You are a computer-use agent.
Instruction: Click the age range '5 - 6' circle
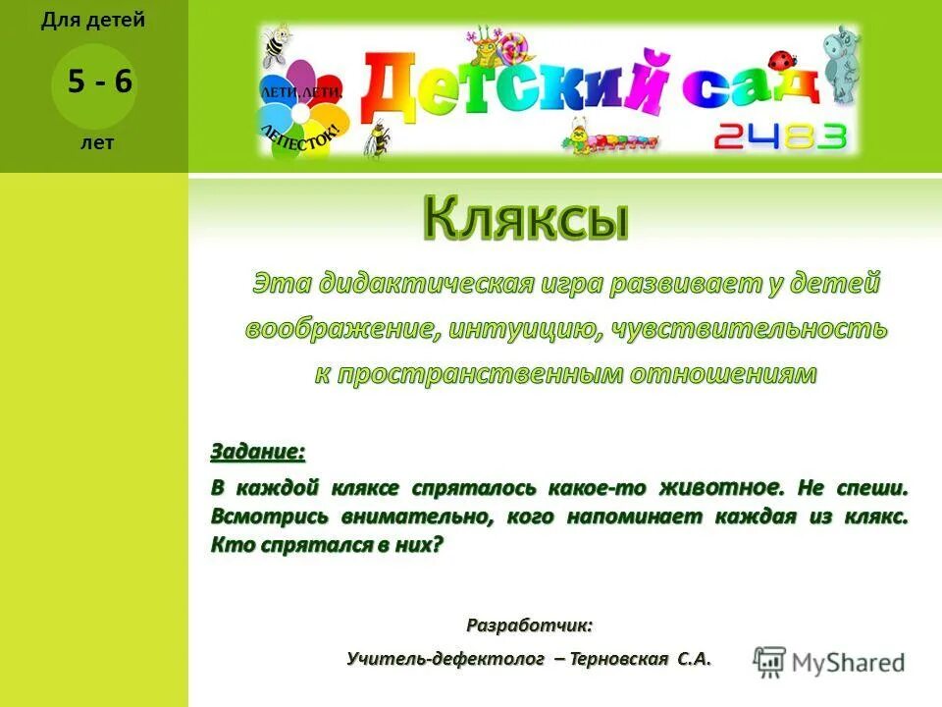(93, 82)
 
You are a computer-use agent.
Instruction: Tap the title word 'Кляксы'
(526, 218)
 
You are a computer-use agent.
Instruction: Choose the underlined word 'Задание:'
(258, 453)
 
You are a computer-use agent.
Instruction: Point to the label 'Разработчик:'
(529, 625)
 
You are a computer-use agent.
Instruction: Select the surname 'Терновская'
(620, 658)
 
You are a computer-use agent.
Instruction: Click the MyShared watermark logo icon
(769, 661)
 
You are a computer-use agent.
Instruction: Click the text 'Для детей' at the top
(93, 21)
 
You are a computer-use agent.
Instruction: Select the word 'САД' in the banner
(750, 86)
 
